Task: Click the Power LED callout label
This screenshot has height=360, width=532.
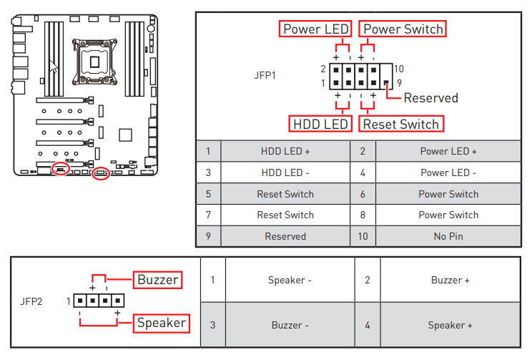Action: (x=315, y=29)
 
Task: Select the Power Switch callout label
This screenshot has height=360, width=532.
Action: (x=403, y=29)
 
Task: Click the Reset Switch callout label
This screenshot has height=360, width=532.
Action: (x=400, y=124)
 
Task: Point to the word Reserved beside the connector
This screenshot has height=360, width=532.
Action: (x=430, y=97)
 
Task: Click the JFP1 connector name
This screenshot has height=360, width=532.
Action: (x=265, y=74)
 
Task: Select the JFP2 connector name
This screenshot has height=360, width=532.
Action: (x=31, y=301)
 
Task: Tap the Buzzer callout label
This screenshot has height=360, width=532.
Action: (x=158, y=279)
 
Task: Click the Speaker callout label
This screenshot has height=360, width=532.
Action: (x=162, y=323)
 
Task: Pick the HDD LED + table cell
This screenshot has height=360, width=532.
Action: (x=285, y=152)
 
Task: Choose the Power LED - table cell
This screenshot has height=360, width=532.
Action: (x=448, y=172)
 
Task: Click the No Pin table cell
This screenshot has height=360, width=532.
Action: (x=448, y=236)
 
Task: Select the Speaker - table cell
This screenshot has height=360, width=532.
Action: (x=290, y=280)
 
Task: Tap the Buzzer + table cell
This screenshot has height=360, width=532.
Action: (x=450, y=280)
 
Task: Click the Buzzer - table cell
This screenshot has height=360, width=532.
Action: (x=290, y=325)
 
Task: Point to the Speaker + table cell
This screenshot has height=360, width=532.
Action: (x=450, y=325)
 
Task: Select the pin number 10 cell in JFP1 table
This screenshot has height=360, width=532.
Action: (x=363, y=236)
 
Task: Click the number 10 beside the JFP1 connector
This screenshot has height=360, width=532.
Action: (x=398, y=69)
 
